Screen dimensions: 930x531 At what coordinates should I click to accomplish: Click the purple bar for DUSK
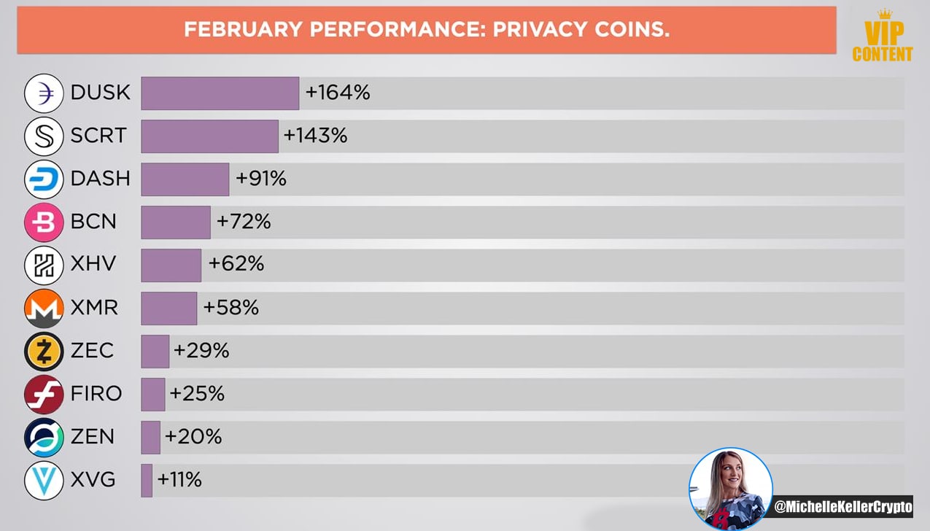220,93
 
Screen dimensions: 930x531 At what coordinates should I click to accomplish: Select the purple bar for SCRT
209,136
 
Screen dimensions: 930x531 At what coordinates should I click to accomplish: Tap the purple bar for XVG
147,481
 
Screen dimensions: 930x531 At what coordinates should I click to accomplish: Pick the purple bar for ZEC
155,352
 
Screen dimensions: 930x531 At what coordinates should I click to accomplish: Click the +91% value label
260,179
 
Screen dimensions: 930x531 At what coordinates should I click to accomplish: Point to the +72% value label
244,221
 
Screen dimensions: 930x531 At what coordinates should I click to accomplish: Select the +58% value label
230,308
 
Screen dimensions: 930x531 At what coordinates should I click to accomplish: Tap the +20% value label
193,436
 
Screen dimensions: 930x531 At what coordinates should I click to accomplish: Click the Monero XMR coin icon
44,309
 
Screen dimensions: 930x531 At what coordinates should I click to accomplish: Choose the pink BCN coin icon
44,222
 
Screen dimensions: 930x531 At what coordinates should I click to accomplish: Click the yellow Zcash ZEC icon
44,352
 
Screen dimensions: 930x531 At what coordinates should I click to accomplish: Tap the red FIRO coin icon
44,395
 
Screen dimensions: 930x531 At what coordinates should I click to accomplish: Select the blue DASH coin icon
44,179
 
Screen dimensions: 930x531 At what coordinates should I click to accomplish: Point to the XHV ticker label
93,263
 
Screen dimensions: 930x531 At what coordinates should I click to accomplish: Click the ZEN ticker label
92,436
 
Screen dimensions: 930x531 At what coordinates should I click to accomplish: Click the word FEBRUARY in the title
244,29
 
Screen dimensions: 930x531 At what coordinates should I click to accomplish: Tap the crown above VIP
885,14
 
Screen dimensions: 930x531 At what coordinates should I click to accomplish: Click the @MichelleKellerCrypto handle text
842,506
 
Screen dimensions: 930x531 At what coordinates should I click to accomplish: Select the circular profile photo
731,489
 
